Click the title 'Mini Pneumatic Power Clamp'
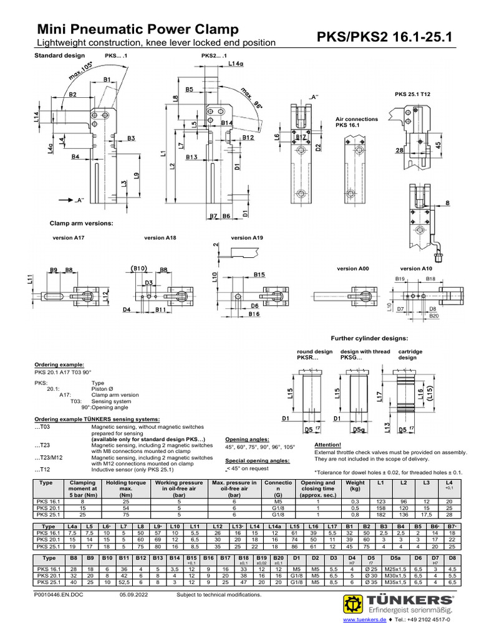(138, 29)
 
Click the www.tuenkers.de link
(365, 626)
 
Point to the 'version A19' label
(247, 237)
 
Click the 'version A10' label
(415, 268)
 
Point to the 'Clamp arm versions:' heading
(81, 222)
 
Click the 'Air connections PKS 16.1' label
(357, 121)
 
